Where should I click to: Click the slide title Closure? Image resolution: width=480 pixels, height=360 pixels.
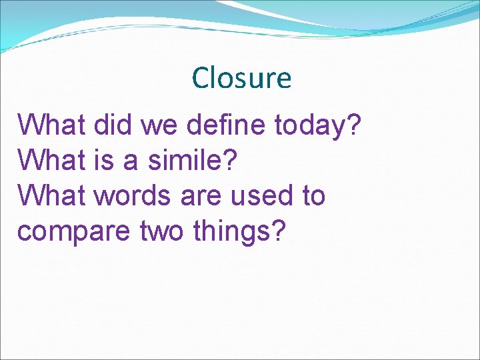point(241,78)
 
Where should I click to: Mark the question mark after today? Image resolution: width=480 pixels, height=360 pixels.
point(354,125)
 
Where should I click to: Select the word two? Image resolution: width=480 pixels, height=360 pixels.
point(163,232)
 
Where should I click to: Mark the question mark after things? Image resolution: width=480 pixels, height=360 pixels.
point(278,231)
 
